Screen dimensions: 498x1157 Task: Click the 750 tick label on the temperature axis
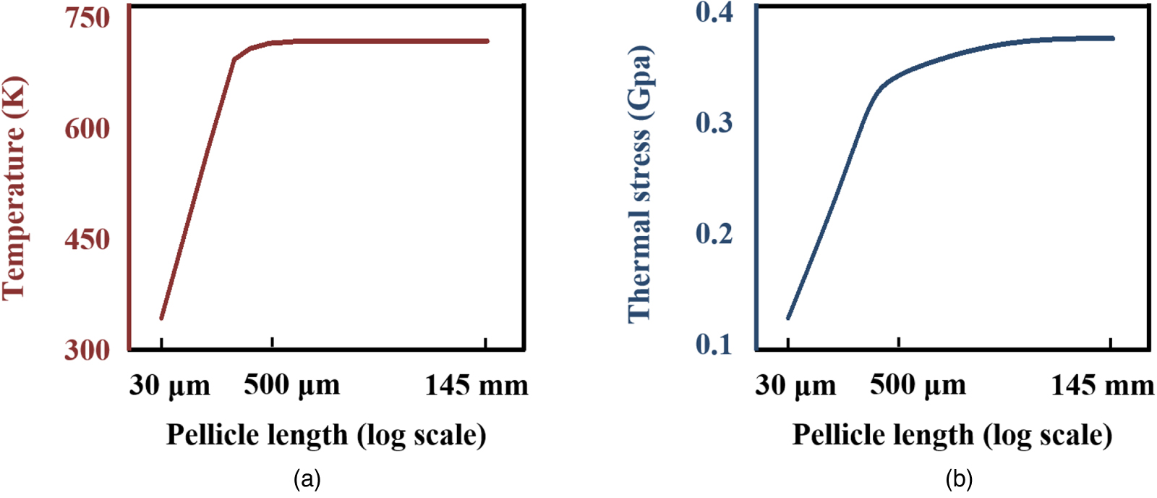(87, 17)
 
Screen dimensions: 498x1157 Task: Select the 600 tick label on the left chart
(87, 129)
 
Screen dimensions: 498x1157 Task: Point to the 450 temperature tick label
(87, 240)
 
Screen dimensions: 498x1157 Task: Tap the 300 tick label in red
(87, 350)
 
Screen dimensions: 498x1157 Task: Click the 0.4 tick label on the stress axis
(714, 12)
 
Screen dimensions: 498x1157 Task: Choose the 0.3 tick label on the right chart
(714, 123)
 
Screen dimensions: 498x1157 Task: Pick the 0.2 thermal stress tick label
(714, 234)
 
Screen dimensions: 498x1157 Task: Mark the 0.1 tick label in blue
(714, 345)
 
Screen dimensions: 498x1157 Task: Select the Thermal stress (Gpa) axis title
(639, 184)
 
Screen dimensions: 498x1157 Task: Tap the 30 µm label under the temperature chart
(170, 386)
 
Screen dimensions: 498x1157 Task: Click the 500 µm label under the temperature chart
(291, 385)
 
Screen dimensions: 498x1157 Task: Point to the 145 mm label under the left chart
(476, 385)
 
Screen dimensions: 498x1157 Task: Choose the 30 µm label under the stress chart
(795, 386)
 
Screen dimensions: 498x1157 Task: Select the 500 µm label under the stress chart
(918, 385)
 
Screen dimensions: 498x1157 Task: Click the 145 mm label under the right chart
(1102, 385)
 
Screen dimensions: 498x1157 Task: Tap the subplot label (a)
(307, 479)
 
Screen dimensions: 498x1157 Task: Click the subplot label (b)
(959, 479)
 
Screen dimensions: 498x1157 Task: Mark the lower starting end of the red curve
(161, 318)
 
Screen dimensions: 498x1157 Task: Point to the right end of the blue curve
(1112, 38)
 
